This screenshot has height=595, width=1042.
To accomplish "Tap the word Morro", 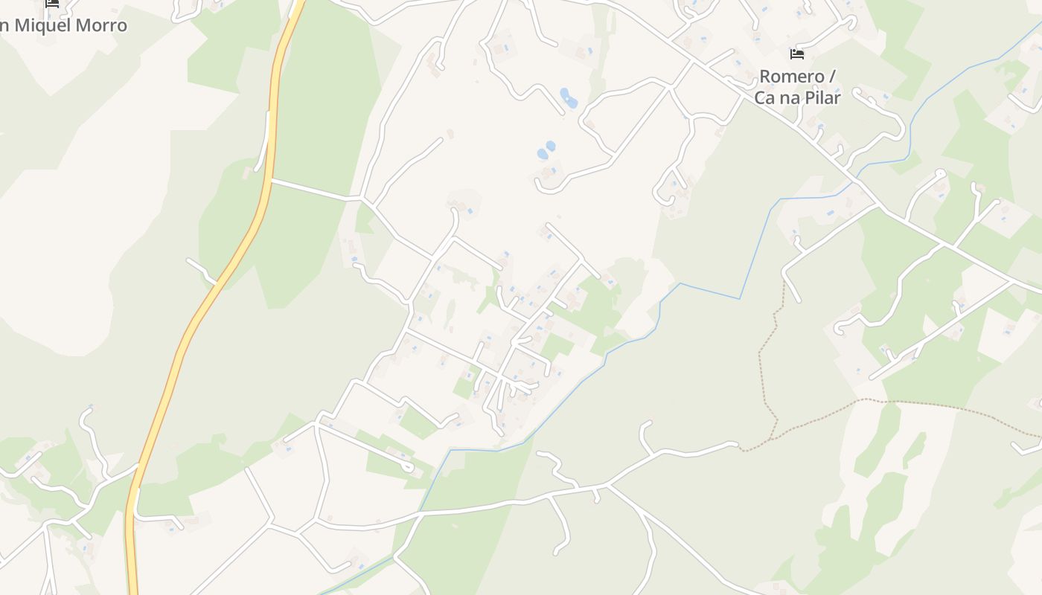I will (x=104, y=25).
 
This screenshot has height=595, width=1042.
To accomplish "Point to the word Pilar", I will (x=820, y=97).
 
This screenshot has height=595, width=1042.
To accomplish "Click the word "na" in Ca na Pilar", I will (x=788, y=97).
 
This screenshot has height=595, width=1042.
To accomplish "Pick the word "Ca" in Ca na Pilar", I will (x=765, y=97).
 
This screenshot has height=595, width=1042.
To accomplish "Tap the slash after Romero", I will (x=831, y=77).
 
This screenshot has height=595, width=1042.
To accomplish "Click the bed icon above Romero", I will (x=797, y=54).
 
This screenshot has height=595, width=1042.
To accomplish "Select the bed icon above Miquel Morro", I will (x=52, y=3).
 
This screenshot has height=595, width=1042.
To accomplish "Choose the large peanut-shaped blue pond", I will (x=568, y=97).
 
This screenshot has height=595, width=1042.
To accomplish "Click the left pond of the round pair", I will (x=542, y=155).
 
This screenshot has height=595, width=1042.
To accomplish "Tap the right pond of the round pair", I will (x=551, y=146).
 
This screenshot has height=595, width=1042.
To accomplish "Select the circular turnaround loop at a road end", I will (x=940, y=174).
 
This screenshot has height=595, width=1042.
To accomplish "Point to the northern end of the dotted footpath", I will (x=783, y=286).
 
